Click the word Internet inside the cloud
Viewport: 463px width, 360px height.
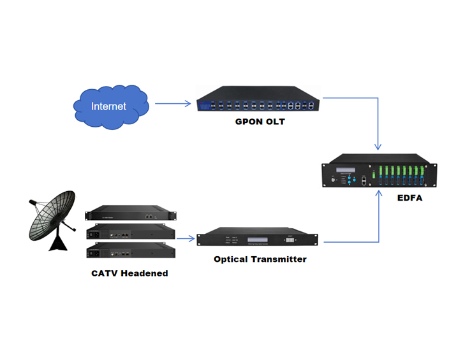[x=108, y=106]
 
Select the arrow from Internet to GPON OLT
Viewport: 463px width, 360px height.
[x=173, y=103]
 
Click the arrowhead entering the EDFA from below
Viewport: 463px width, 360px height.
[x=379, y=197]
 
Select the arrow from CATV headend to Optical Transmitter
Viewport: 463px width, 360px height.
[x=186, y=239]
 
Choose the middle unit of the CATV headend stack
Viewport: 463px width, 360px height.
[x=131, y=233]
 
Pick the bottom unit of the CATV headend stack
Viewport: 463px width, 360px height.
[x=131, y=252]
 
